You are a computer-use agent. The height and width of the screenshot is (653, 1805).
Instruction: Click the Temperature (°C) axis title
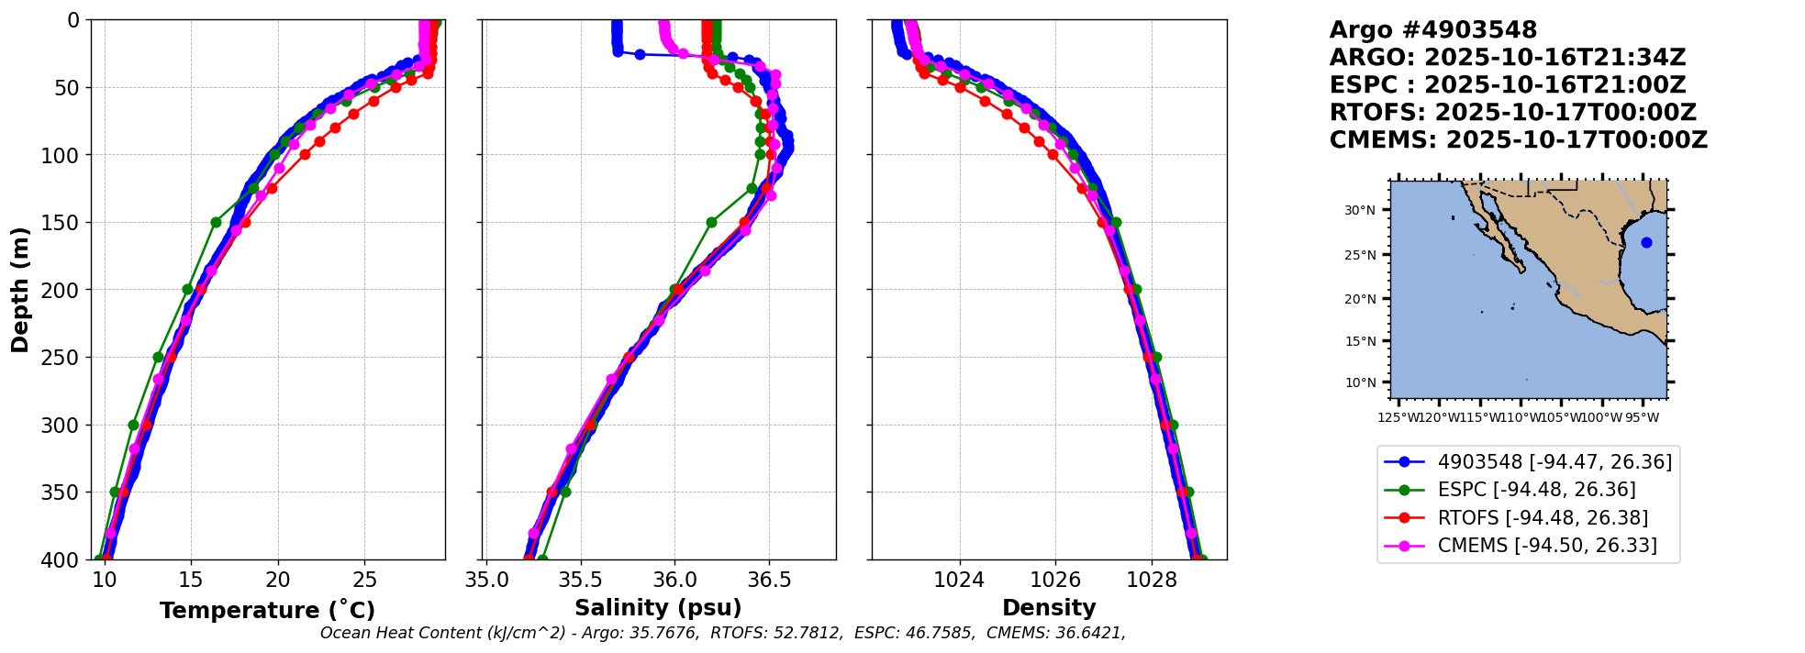click(x=267, y=611)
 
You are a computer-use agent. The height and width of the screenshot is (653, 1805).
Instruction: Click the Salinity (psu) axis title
click(x=658, y=608)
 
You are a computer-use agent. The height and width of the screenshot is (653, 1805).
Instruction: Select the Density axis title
click(x=1049, y=608)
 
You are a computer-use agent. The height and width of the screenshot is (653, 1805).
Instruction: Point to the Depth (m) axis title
click(x=20, y=289)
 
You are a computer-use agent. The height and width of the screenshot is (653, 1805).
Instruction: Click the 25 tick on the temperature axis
click(x=364, y=580)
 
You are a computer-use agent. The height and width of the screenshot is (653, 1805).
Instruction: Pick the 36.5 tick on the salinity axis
click(x=769, y=580)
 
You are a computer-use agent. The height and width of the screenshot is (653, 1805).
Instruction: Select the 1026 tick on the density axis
click(x=1055, y=580)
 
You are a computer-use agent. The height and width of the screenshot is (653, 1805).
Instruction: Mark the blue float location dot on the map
click(x=1646, y=242)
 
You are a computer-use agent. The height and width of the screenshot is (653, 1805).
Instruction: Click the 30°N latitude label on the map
click(x=1360, y=211)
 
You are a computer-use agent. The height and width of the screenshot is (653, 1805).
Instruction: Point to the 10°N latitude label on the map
click(x=1360, y=382)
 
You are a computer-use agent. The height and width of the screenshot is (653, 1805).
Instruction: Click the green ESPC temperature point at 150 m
click(x=216, y=222)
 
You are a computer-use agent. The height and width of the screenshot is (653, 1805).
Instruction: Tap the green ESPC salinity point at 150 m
click(x=711, y=222)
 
